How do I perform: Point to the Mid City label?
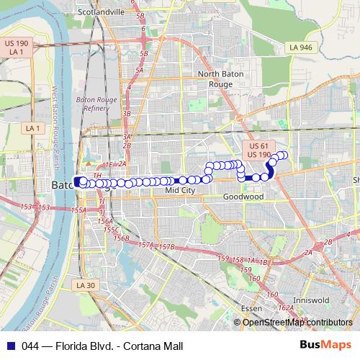(x=180, y=191)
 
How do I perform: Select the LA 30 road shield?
(x=84, y=285)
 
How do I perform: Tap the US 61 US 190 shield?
(x=258, y=150)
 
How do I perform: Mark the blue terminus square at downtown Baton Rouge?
(x=77, y=181)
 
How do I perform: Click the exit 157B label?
(x=167, y=247)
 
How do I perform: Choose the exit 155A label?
(x=79, y=210)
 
